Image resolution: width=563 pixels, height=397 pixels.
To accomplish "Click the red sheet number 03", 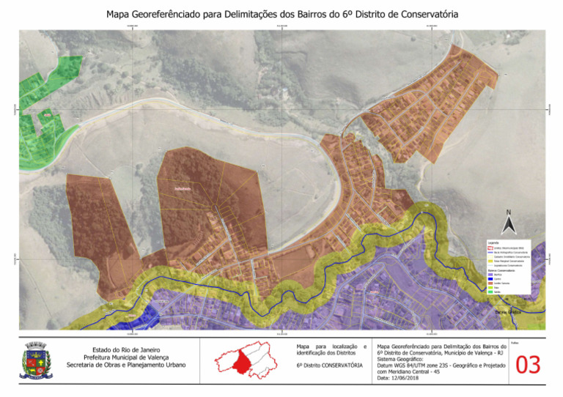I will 529,364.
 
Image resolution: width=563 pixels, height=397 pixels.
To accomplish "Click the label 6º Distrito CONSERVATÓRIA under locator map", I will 329,365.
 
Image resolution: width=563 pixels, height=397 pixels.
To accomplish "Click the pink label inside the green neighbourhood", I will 47,115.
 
